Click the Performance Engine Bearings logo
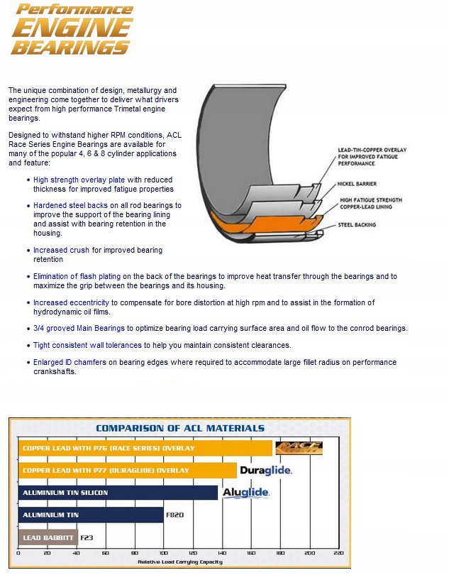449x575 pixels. click(72, 30)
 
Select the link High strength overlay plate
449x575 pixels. click(79, 180)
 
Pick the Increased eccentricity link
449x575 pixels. click(70, 302)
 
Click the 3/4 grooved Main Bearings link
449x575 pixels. click(79, 328)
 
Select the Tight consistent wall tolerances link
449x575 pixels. click(88, 345)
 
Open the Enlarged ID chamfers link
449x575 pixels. click(70, 362)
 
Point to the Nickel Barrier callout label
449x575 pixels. click(356, 183)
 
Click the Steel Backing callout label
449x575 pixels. click(357, 225)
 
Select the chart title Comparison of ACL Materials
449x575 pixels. click(180, 428)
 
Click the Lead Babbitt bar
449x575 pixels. click(48, 537)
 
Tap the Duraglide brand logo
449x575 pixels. click(266, 470)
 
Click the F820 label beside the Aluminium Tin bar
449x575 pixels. click(174, 515)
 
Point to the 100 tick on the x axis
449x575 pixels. click(163, 553)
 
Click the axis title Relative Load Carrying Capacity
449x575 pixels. click(179, 562)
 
